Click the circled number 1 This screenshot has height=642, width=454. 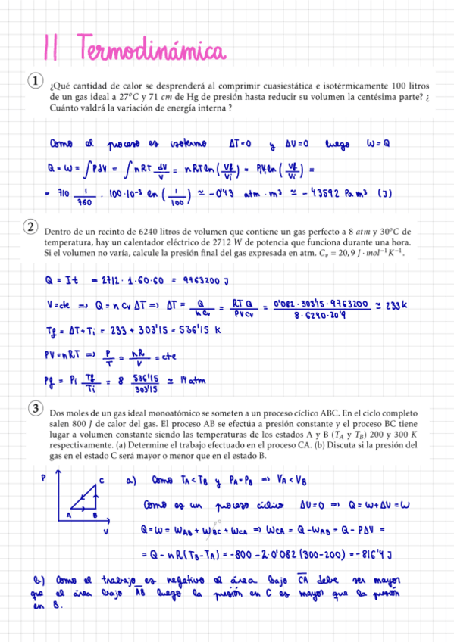coord(35,81)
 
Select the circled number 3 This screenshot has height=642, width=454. coord(35,410)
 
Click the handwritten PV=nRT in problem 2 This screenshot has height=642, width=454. coord(70,354)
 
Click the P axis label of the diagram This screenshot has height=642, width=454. coord(43,477)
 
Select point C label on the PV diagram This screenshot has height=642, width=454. coord(100,480)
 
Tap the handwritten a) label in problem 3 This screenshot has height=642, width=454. coord(131,479)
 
